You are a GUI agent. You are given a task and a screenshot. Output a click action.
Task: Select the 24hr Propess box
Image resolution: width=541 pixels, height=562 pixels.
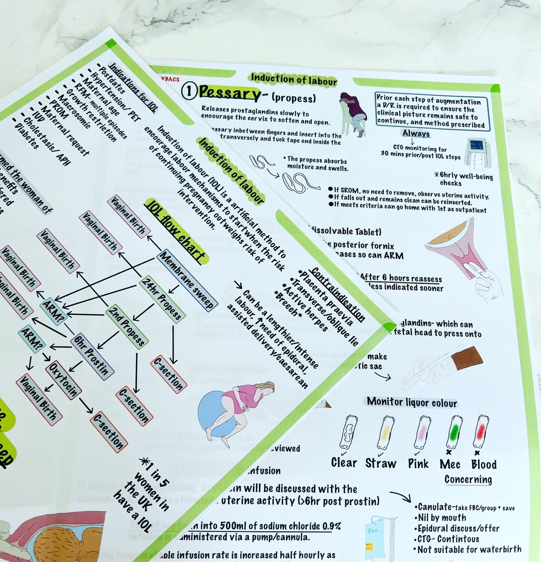[162, 299]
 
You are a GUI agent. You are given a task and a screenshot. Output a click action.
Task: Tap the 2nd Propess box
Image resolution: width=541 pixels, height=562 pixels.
[127, 326]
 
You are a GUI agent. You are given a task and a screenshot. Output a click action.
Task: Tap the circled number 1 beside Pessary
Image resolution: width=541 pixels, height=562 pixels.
[188, 91]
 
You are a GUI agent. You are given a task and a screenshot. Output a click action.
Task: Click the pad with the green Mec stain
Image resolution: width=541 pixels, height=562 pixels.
[454, 432]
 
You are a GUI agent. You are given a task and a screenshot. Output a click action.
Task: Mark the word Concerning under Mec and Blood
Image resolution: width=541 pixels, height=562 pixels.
[468, 480]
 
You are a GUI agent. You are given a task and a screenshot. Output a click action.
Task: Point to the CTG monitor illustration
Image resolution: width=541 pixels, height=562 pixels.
[475, 152]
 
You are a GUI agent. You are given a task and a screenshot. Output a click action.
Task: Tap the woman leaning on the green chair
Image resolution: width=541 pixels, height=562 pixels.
[354, 113]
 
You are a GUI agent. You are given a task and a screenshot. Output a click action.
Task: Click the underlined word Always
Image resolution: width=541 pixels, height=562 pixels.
[416, 133]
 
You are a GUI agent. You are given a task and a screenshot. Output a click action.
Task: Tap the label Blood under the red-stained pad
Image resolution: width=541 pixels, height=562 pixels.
[483, 464]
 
